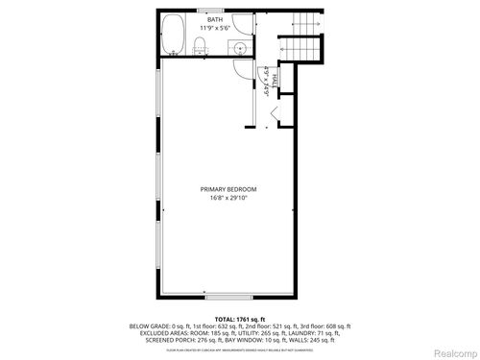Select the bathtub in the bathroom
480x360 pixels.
(x=174, y=35)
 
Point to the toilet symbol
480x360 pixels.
(x=195, y=46)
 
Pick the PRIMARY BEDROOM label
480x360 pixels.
(x=228, y=189)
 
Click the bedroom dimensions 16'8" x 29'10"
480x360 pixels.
(x=228, y=198)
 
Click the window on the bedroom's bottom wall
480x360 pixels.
(x=228, y=297)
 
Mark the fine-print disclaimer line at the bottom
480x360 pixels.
(x=239, y=344)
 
